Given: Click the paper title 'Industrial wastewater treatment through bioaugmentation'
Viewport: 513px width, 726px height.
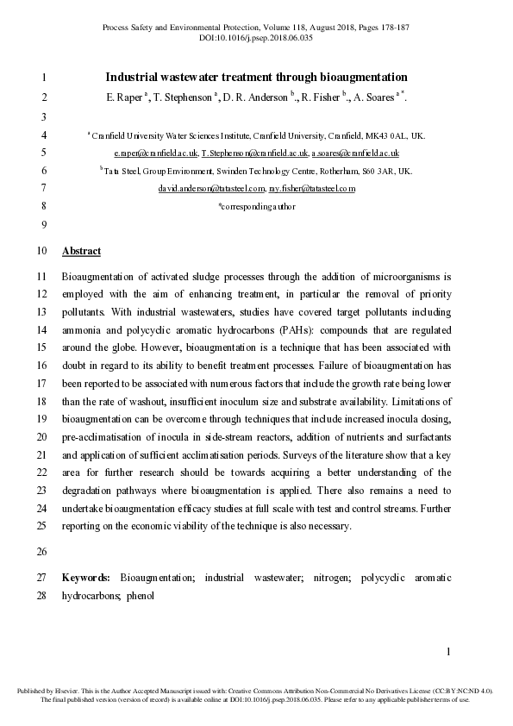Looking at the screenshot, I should click(256, 77).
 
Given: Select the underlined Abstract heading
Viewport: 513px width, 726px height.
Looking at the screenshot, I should click(81, 252).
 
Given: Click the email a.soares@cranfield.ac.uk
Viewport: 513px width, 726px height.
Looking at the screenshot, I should click(355, 153).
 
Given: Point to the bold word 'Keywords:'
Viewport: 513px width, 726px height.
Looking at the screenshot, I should click(86, 577).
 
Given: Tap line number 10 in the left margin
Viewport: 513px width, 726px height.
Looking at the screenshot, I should click(42, 252).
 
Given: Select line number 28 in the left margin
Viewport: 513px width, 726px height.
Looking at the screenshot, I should click(42, 595).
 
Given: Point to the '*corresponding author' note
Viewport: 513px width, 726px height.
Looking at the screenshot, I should click(256, 206).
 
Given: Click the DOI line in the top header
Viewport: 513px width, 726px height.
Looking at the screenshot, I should click(255, 38).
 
